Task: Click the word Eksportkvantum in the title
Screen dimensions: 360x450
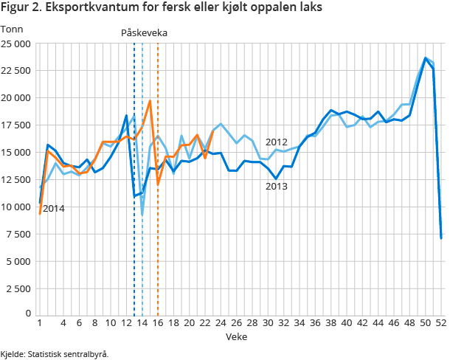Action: coord(88,8)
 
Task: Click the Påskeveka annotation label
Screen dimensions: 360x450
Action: coord(144,33)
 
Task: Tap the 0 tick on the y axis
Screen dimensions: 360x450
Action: coord(27,315)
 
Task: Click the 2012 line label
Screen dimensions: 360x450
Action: coord(276,142)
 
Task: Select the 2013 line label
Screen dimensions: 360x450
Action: coord(276,186)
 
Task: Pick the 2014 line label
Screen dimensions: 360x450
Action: coord(53,209)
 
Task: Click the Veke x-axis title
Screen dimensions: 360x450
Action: coord(236,336)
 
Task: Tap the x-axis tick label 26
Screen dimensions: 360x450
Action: coord(236,323)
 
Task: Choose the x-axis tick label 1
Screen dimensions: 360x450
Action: coord(39,323)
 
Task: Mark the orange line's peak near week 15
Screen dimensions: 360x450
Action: coord(150,101)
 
